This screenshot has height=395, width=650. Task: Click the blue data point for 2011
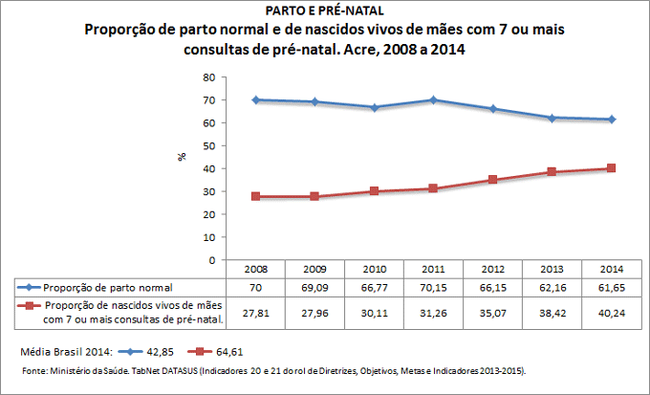tap(433, 99)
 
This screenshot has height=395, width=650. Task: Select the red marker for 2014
tap(611, 168)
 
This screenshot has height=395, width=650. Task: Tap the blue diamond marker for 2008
tap(256, 99)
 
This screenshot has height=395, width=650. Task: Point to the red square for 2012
tap(492, 180)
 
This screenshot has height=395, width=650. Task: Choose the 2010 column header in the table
tap(375, 269)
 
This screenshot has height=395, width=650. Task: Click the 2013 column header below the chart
tap(552, 269)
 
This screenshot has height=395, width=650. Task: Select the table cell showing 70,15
tap(434, 286)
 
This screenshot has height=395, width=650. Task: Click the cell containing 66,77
tap(375, 286)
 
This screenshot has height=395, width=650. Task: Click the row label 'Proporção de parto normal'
tap(108, 286)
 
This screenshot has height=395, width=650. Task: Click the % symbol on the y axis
tap(182, 157)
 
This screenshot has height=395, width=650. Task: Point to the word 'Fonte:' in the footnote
tap(36, 370)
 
